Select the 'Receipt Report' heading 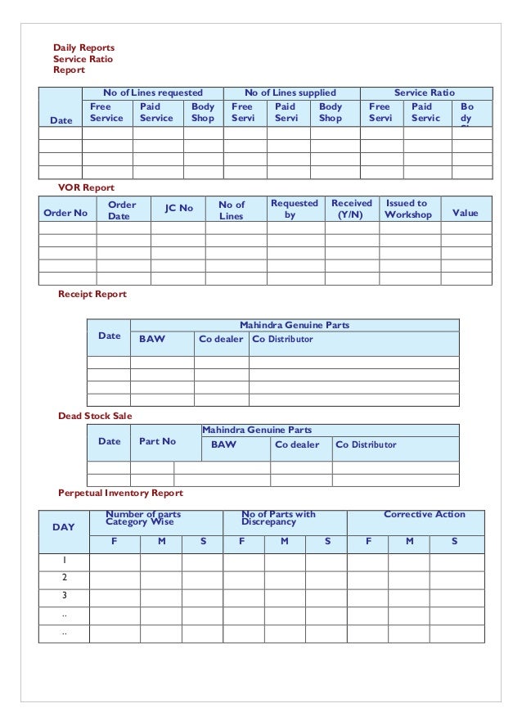(x=92, y=293)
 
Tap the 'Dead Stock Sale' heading (x=95, y=416)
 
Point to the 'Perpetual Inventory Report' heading (x=120, y=494)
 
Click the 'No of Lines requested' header (x=152, y=93)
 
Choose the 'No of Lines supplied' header (x=291, y=93)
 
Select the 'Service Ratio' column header (x=425, y=93)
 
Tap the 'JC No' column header (x=179, y=209)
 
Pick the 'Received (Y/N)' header (x=352, y=209)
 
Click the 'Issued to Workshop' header (x=407, y=209)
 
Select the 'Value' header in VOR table (x=465, y=214)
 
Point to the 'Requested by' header (x=295, y=209)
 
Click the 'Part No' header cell (x=158, y=441)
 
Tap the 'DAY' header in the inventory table (x=63, y=527)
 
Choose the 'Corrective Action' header (x=424, y=514)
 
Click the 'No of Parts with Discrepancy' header (x=278, y=517)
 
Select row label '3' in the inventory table (x=63, y=595)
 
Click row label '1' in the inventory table (x=63, y=560)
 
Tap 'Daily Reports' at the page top (x=84, y=47)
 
